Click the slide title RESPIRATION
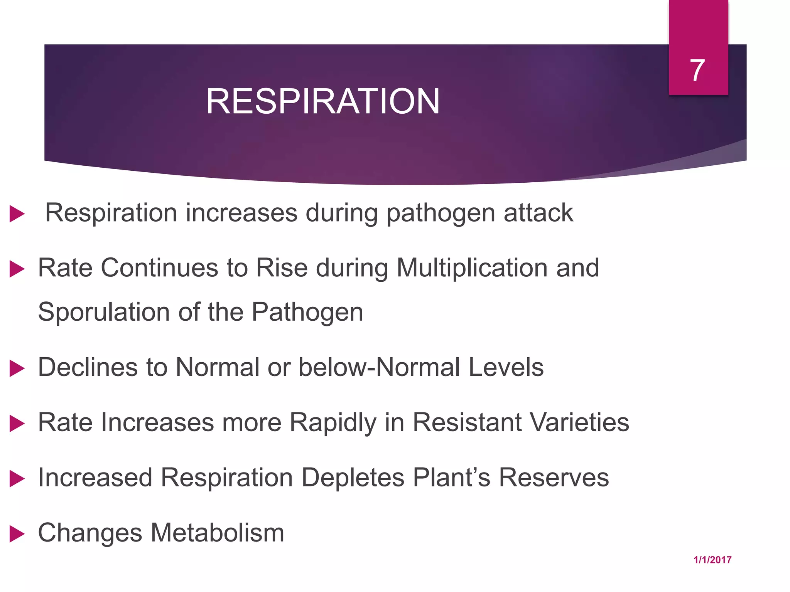(323, 101)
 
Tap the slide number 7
(697, 71)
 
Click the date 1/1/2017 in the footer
(712, 560)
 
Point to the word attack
(538, 213)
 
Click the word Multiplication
(472, 268)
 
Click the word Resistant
(467, 422)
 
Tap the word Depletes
(353, 478)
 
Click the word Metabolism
(217, 533)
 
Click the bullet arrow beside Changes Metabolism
(17, 534)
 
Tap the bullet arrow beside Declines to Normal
(17, 368)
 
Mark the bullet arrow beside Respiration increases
(17, 214)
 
